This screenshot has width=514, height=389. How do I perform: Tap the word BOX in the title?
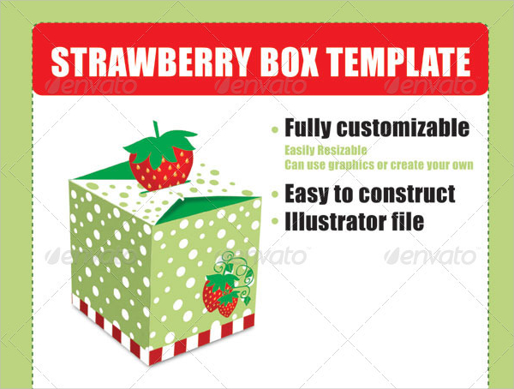[x=290, y=62]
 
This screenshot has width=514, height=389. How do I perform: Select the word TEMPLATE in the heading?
[x=398, y=62]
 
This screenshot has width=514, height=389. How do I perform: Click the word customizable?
[x=403, y=128]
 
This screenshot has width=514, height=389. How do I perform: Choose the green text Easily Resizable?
[x=326, y=150]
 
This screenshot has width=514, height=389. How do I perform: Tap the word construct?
[x=407, y=194]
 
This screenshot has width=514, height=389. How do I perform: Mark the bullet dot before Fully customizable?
[x=275, y=130]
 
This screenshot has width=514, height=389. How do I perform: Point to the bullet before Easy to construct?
[x=275, y=194]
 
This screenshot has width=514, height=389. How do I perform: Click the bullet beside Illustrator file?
[x=275, y=222]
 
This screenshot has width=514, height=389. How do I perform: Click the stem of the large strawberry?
[x=157, y=129]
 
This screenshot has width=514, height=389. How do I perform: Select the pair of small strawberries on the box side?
[x=220, y=295]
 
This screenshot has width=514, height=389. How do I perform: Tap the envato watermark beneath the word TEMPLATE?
[x=430, y=86]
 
